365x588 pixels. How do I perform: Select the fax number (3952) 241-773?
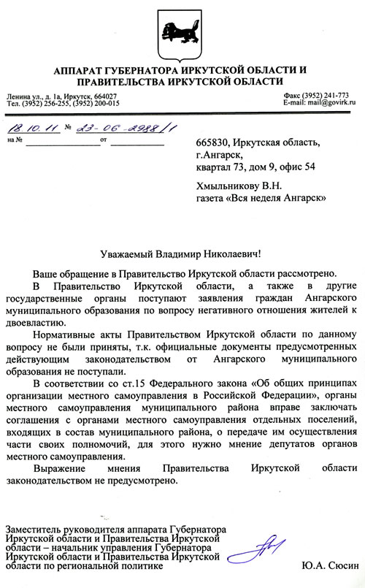tap(324, 96)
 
